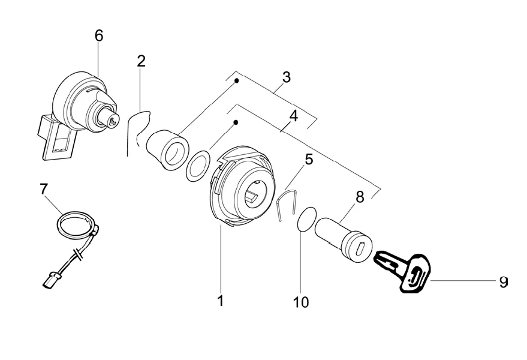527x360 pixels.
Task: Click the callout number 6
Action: point(99,35)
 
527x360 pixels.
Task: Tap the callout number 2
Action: point(141,61)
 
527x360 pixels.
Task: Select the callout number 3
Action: point(286,77)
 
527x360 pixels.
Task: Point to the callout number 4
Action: point(293,116)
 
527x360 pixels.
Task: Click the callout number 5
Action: point(309,159)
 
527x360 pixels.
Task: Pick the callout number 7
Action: point(44,189)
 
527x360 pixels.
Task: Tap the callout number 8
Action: point(360,197)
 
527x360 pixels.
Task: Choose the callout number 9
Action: point(503,282)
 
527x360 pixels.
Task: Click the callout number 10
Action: point(301,302)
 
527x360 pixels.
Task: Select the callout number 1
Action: point(221,301)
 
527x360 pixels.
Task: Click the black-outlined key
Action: point(402,271)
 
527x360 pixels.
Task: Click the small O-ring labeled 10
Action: point(307,218)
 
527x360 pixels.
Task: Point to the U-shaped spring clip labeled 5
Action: point(287,205)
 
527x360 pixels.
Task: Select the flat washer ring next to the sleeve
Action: point(198,166)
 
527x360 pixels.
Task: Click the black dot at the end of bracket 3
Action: point(237,81)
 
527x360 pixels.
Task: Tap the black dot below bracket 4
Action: point(236,122)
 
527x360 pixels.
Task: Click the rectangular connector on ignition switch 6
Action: point(56,137)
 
